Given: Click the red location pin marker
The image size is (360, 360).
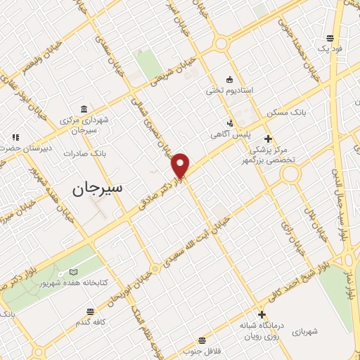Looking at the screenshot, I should point(181,165).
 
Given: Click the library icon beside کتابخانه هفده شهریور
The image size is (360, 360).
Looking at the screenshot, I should point(75,272).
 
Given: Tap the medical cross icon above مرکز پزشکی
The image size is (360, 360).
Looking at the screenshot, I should point(267,138).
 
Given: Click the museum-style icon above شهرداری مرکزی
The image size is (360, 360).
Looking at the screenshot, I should point(84,110).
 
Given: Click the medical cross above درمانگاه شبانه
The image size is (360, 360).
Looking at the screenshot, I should point(263,314).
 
